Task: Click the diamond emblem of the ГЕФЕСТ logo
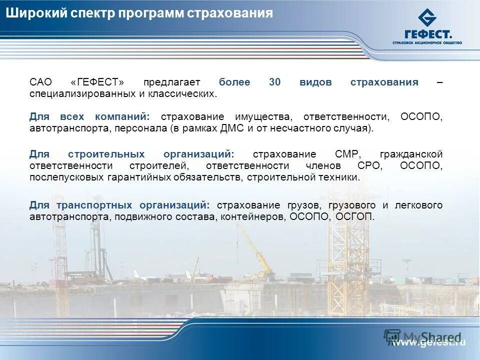click(427, 18)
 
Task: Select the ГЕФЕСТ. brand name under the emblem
click(428, 34)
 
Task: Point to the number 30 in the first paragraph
click(274, 82)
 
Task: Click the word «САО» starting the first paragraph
click(40, 82)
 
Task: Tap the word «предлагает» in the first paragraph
click(171, 82)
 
